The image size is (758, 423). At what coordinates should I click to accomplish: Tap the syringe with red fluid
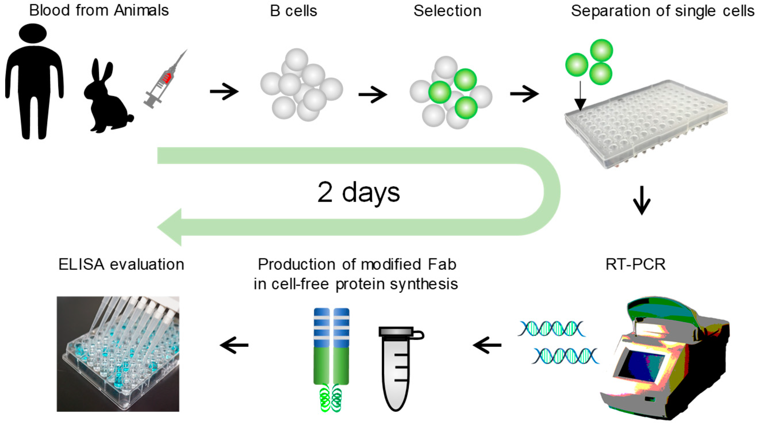[165, 79]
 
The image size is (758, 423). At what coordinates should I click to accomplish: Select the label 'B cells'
[293, 11]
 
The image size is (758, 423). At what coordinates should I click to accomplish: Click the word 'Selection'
[447, 11]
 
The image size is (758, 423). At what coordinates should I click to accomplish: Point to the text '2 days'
[358, 193]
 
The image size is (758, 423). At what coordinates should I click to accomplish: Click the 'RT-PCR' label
[635, 264]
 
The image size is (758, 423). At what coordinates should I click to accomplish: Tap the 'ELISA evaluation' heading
[121, 264]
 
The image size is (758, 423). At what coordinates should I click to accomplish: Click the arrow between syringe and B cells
[224, 91]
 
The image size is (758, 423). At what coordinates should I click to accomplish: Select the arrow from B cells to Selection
[373, 95]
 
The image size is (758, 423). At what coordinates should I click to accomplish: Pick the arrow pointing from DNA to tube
[487, 345]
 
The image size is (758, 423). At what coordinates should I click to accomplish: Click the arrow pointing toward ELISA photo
[234, 345]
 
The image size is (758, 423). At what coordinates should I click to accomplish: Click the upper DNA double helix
[551, 328]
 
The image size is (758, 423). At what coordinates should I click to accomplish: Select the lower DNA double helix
[566, 356]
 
